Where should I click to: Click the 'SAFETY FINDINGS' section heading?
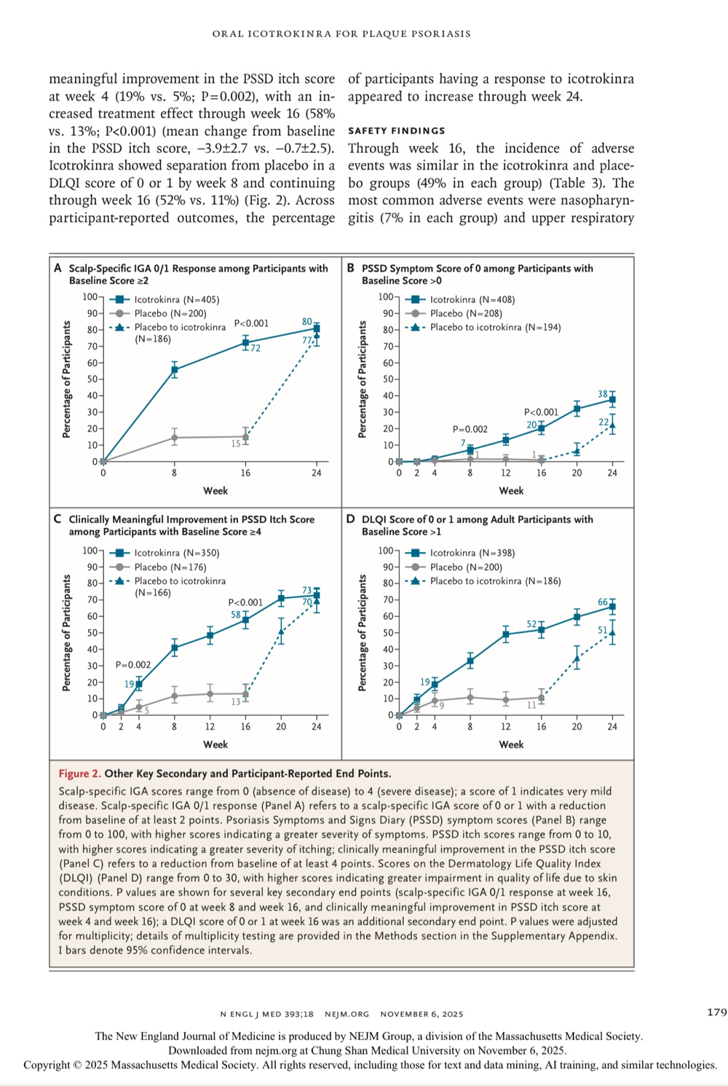396,131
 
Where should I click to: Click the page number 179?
716,1012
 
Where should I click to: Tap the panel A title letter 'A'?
58,268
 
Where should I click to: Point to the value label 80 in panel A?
307,322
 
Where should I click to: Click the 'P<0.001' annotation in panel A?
251,323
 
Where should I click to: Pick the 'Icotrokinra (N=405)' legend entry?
176,299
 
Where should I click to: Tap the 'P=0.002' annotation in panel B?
470,429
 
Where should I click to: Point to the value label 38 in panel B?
603,394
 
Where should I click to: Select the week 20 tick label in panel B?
577,473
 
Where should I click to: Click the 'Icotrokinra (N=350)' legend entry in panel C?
176,553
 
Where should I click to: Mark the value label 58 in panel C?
236,615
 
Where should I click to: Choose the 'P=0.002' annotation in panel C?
133,665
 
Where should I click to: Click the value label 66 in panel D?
603,602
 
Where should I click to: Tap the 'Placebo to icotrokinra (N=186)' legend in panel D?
495,581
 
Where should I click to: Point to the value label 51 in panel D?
603,630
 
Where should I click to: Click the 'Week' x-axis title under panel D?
511,744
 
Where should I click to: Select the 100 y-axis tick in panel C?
90,551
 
